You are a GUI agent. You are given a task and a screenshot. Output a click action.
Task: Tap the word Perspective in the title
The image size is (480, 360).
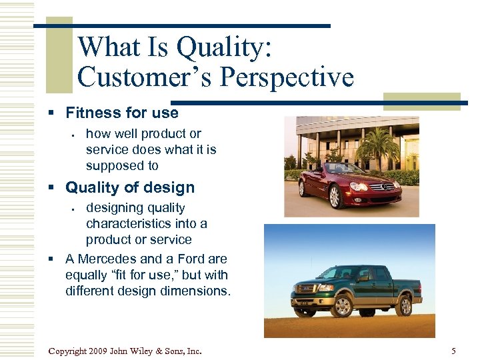287,77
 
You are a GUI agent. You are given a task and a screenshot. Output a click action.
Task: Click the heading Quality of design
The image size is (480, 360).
130,187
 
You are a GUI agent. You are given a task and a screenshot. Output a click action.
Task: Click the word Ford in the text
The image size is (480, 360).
191,259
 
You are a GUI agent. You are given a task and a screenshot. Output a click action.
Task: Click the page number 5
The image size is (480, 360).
453,351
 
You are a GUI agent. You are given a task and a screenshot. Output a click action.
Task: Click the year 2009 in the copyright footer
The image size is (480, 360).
97,351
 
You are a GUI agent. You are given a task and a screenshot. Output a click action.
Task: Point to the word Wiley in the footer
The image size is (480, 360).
151,351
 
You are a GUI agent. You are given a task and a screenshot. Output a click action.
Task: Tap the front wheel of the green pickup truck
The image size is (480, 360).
342,306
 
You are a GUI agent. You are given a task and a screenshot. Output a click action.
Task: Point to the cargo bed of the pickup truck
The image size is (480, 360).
407,280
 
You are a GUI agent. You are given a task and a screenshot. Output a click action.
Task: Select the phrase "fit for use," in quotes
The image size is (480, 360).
148,275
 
